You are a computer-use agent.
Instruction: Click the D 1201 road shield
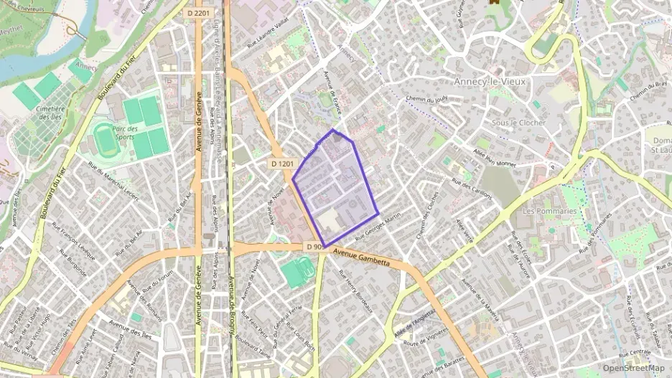[283, 164]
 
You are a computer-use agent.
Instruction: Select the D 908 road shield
[314, 247]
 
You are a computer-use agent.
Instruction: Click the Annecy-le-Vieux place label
[490, 82]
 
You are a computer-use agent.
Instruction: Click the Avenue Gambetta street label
[361, 257]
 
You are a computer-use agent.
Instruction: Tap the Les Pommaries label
[549, 212]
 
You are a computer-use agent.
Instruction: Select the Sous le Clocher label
[518, 123]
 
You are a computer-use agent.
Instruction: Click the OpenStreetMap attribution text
[633, 368]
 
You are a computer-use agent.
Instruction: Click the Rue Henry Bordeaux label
[357, 294]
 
